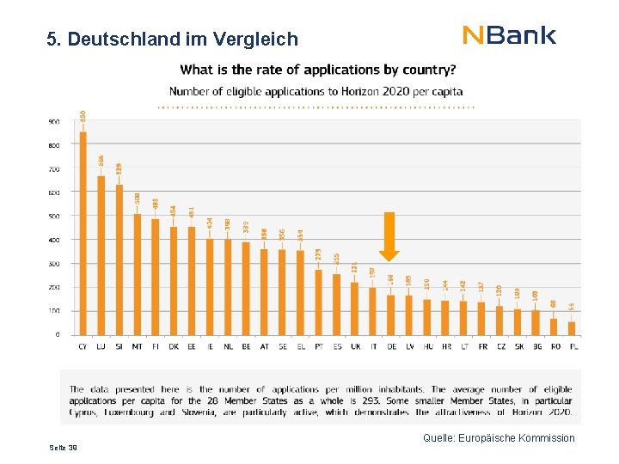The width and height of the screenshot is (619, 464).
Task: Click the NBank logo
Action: tap(509, 35)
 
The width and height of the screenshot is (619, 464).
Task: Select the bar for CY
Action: tap(83, 232)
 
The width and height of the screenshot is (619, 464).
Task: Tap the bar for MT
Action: tap(137, 274)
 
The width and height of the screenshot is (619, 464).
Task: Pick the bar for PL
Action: tap(572, 328)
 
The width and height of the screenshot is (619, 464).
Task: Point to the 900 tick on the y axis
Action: tap(54, 122)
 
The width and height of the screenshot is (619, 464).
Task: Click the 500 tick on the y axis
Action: tap(54, 217)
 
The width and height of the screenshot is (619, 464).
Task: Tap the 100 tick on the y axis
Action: tap(54, 311)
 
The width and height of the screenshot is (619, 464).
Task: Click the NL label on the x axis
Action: tap(227, 346)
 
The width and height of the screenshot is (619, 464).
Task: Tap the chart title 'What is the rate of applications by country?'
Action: tap(318, 70)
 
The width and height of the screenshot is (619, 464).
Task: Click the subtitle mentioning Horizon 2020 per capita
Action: tap(316, 91)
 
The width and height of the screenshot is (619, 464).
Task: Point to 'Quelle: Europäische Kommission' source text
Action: tap(499, 438)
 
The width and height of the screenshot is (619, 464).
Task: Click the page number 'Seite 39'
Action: tap(63, 448)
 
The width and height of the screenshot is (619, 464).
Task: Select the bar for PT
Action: tap(318, 302)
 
